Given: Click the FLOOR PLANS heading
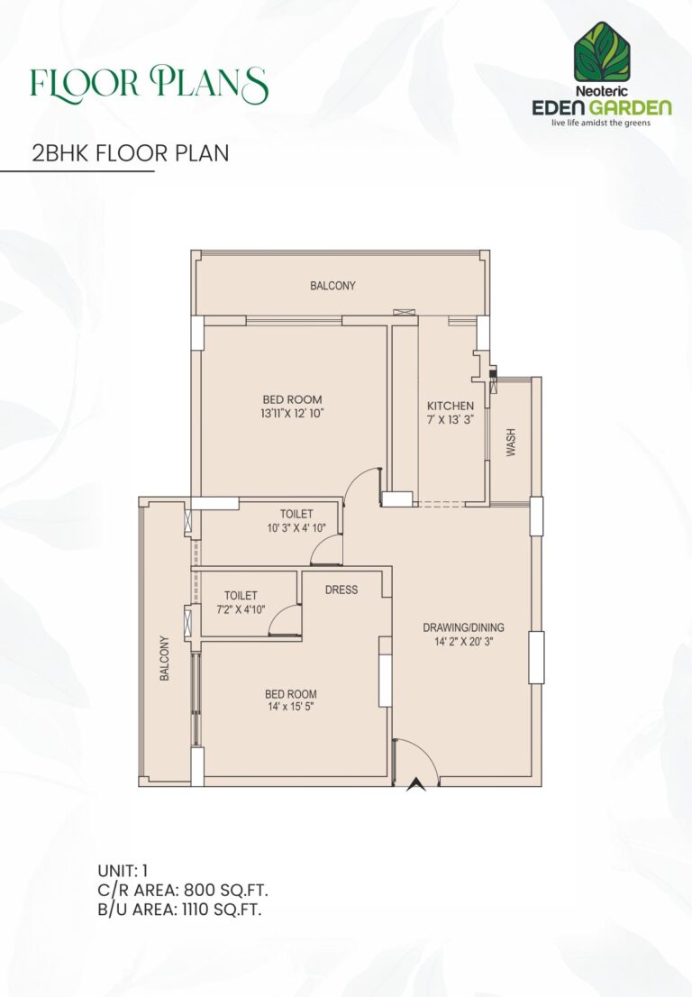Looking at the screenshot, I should [x=149, y=84].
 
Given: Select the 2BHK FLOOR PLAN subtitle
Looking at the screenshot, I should [x=130, y=153].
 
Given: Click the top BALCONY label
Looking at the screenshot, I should [x=332, y=286].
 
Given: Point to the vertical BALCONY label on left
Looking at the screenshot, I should [x=165, y=659].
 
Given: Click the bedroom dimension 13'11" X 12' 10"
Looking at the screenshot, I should [x=292, y=414].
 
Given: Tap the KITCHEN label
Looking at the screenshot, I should [x=451, y=407].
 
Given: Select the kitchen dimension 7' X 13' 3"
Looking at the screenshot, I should [x=451, y=421].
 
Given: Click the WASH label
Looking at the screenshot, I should [x=511, y=443].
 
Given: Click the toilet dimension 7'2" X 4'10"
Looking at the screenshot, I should [x=241, y=609].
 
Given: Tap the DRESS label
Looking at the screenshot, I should [x=341, y=590].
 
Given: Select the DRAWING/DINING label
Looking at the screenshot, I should [x=463, y=628].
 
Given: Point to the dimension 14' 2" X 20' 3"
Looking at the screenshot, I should [x=463, y=643].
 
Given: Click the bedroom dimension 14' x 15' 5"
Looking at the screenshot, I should [x=290, y=708].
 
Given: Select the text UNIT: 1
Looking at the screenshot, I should [x=123, y=871].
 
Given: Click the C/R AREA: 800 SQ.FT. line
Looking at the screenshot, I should [x=183, y=890].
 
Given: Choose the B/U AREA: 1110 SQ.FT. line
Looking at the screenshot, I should [x=179, y=909].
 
